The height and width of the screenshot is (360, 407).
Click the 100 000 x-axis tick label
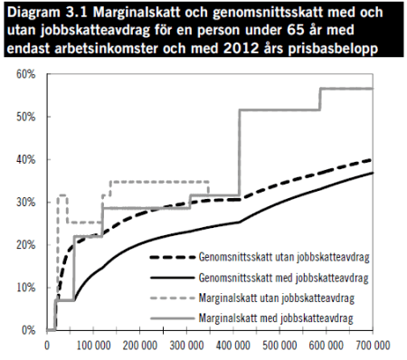[x=93, y=346]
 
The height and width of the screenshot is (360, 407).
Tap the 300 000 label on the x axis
[x=187, y=346]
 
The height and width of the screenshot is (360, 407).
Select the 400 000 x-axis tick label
[x=234, y=346]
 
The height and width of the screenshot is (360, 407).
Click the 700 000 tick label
[x=374, y=346]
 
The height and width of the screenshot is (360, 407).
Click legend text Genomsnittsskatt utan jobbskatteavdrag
[x=284, y=257]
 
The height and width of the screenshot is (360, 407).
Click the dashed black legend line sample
[x=169, y=257]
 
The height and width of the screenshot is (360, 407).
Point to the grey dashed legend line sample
[x=169, y=298]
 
